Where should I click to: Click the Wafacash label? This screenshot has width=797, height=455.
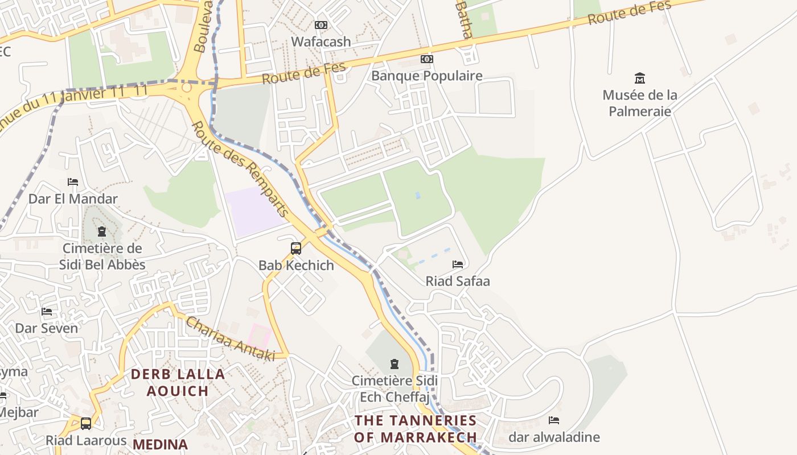tap(321, 42)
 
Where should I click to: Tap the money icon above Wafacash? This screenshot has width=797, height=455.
tap(321, 25)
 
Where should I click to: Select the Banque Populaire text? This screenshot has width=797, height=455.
tap(426, 76)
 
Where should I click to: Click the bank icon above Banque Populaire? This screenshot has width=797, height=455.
tap(426, 59)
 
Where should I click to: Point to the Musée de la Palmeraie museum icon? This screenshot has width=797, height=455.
tap(640, 78)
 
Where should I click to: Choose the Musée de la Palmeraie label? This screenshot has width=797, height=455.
tap(640, 103)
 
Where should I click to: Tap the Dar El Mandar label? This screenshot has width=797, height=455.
tap(73, 198)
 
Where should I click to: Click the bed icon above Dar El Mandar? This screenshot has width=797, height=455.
tap(73, 182)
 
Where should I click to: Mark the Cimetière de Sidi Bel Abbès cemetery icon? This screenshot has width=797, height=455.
tap(102, 231)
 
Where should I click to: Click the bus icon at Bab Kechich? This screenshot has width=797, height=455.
tap(296, 248)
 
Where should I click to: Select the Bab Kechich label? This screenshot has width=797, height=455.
tap(296, 265)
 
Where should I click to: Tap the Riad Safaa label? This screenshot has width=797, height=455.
tap(458, 281)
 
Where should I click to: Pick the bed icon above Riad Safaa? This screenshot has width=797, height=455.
tap(458, 264)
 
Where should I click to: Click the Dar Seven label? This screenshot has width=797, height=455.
tap(46, 328)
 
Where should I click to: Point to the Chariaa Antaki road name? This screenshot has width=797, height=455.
tap(231, 339)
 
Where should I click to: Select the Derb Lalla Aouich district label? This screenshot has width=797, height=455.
tap(178, 382)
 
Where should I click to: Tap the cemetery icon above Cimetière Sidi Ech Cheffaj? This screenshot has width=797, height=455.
tap(394, 364)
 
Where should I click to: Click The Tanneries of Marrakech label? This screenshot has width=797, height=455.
tap(416, 429)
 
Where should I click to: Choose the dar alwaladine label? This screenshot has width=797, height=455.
tap(554, 437)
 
